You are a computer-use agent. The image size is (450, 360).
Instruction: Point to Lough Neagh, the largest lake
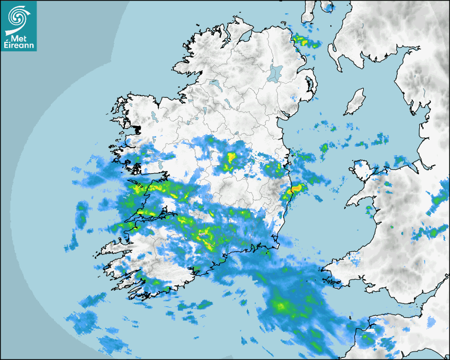click(276, 72)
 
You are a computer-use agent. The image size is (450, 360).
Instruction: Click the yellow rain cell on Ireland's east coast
click(296, 188)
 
